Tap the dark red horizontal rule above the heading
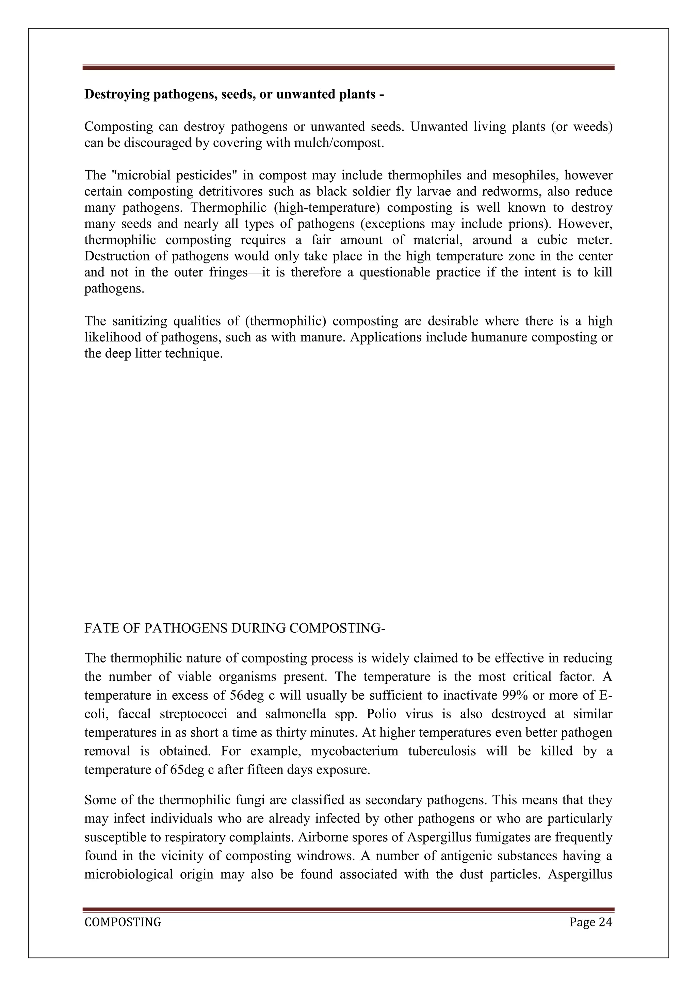pyautogui.click(x=348, y=67)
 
